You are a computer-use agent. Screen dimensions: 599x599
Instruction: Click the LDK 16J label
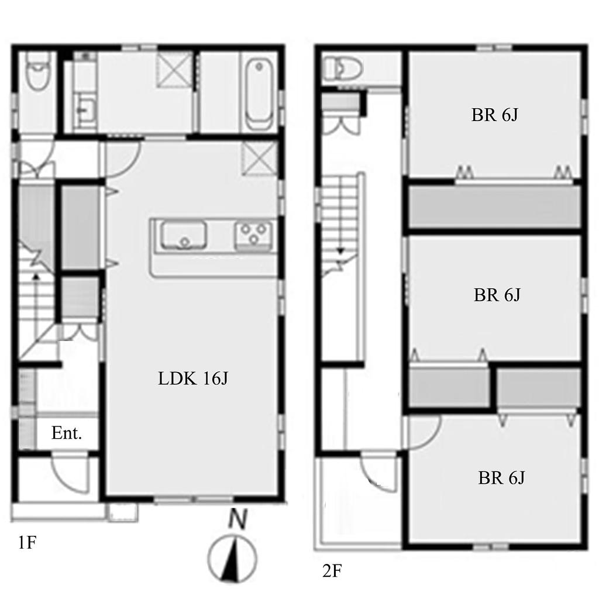(193, 378)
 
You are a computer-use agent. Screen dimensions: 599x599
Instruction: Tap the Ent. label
(67, 433)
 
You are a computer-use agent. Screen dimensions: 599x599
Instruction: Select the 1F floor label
(27, 542)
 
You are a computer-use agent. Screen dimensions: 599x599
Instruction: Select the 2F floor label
(332, 571)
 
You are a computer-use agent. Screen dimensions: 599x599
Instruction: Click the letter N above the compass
(238, 519)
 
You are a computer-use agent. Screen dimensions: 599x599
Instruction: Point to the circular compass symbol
(232, 559)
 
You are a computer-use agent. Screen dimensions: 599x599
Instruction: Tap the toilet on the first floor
(37, 72)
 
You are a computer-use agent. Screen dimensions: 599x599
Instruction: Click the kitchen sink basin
(184, 235)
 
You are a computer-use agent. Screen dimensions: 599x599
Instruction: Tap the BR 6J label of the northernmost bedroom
(494, 115)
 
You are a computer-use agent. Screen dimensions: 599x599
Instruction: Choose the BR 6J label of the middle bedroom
(497, 295)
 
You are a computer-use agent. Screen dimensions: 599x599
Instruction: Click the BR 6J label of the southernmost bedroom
(501, 477)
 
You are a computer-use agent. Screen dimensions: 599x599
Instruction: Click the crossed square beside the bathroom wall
(175, 70)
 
